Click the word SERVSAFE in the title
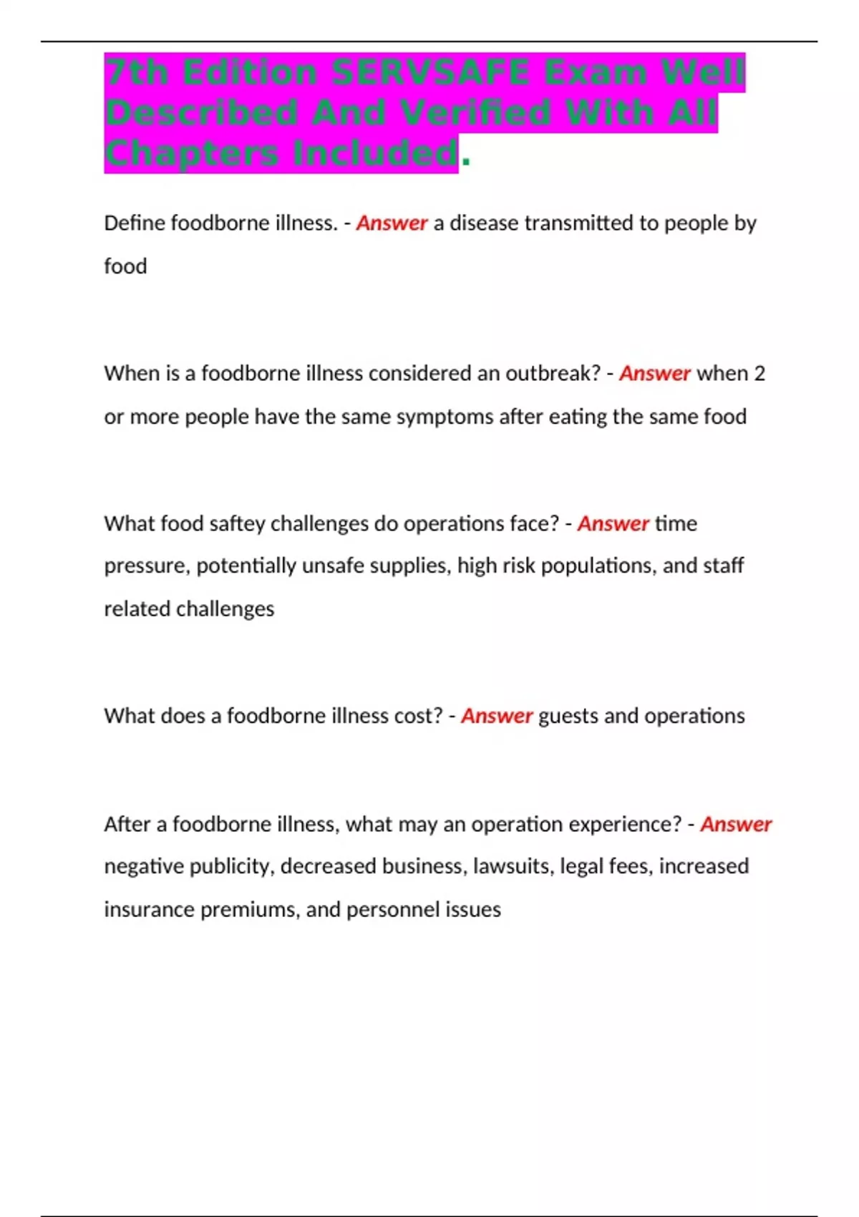(430, 72)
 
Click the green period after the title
(466, 161)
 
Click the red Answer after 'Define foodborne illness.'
(392, 223)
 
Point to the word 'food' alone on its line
(125, 266)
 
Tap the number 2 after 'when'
(759, 374)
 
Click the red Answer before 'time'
(613, 524)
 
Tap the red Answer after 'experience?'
(735, 825)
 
